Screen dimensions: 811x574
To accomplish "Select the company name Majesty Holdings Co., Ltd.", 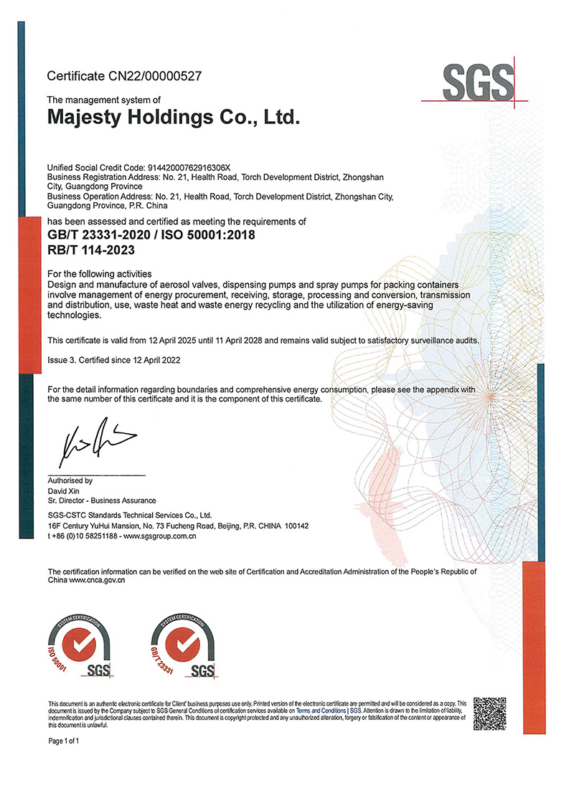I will click(172, 117).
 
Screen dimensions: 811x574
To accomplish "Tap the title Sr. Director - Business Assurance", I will click(101, 501).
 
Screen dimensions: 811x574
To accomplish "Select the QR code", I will click(491, 714).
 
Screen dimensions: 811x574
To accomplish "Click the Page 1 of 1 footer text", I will click(63, 741).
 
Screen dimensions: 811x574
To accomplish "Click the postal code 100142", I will click(295, 526).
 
